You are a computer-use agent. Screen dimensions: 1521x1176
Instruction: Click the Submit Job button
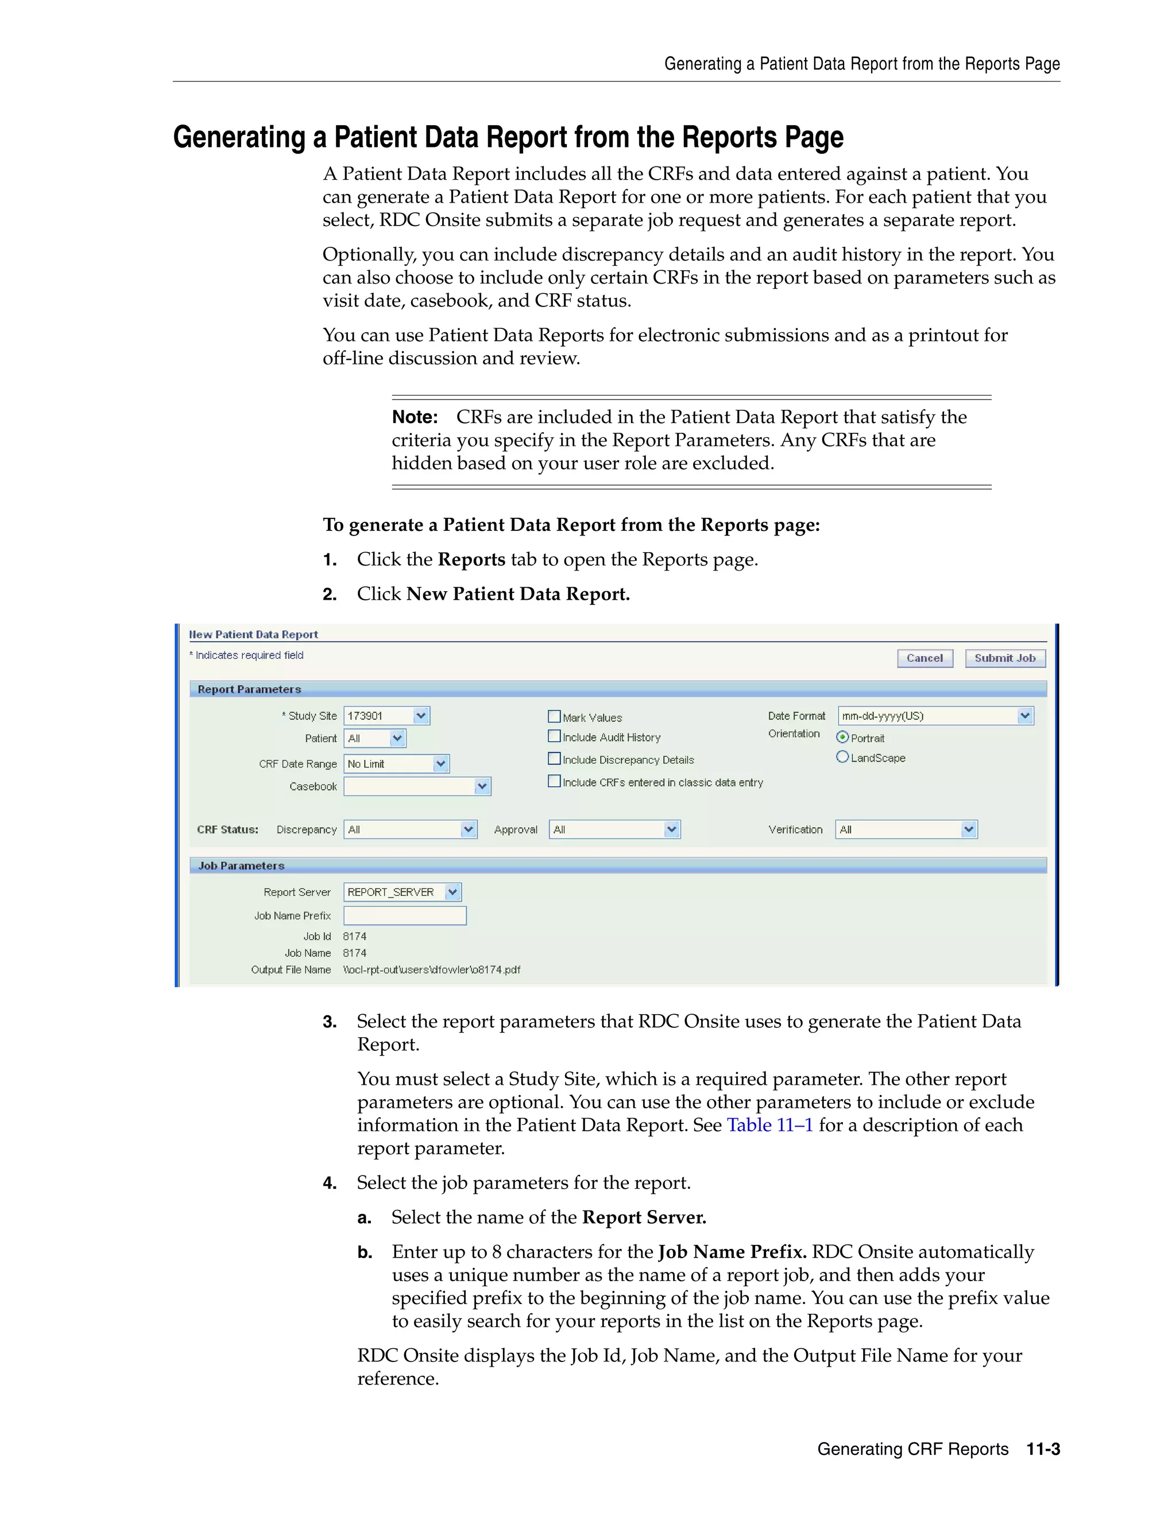tap(1005, 658)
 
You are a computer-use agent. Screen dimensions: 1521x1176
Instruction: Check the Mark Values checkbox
tap(555, 717)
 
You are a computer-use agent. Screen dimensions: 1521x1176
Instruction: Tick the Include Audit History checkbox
tap(555, 736)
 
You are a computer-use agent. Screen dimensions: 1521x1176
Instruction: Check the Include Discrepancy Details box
tap(555, 759)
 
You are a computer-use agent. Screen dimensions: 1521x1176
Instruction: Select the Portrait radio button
tap(842, 737)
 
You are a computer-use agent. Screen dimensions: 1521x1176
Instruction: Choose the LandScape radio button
tap(842, 757)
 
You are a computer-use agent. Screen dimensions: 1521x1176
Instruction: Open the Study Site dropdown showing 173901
tap(386, 716)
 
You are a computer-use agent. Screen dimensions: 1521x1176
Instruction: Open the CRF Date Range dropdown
tap(396, 764)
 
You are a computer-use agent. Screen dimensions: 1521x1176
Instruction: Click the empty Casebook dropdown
tap(417, 786)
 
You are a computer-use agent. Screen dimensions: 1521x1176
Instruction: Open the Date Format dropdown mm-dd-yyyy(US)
tap(935, 716)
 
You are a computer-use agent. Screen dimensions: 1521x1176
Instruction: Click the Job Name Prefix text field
tap(405, 916)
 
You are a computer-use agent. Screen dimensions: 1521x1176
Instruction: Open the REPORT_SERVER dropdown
tap(402, 892)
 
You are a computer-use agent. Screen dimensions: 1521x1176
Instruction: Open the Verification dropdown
tap(906, 829)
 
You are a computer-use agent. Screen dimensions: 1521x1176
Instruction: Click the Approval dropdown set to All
tap(614, 829)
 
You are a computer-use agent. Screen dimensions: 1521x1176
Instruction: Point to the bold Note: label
tap(415, 417)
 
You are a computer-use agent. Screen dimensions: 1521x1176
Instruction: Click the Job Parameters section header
tap(241, 866)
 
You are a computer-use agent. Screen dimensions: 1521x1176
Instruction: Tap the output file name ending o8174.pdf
tap(431, 969)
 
